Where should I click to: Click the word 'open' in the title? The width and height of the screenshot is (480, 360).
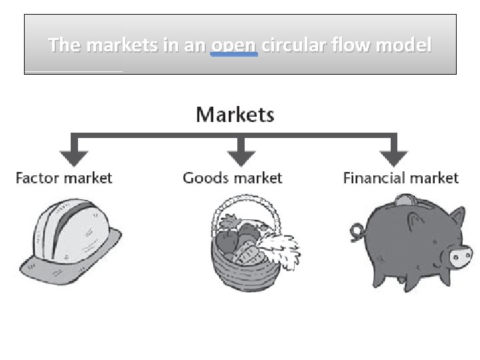[234, 45]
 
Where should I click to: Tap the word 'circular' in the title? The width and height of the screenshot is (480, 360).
[291, 45]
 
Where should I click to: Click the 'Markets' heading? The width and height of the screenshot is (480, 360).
[235, 115]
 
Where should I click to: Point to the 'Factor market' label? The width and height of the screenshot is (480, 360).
[64, 178]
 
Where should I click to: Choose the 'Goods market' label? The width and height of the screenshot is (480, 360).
[232, 178]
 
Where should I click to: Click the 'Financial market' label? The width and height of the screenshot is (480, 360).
[401, 178]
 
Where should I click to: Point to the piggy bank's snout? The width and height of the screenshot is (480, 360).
[461, 257]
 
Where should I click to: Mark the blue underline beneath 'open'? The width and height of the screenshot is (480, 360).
[234, 54]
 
